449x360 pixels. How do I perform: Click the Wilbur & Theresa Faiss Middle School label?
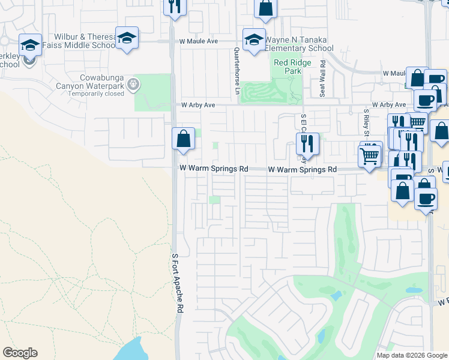pos(84,41)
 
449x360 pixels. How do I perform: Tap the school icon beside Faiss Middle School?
pos(127,38)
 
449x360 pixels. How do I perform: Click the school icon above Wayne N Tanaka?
pos(254,40)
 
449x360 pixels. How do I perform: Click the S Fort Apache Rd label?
pos(178,282)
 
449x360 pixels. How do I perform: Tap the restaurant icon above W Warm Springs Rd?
pos(307,143)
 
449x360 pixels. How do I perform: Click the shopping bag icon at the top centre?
pos(265,8)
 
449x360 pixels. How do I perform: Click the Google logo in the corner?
pos(20,353)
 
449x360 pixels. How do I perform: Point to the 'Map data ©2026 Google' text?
pos(411,355)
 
